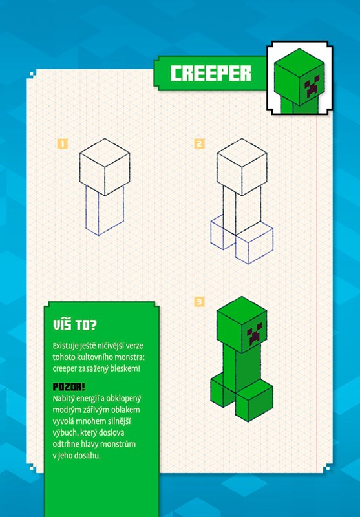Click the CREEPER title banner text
pos(211,73)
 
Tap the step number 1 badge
pos(62,143)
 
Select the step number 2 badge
pos(200,143)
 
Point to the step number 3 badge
pos(200,302)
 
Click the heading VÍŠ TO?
pos(75,325)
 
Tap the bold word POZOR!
pos(69,386)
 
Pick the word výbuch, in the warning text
pos(65,433)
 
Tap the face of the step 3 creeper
pos(255,333)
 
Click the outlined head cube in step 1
pos(105,167)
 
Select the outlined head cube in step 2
pos(242,167)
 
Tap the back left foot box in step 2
pos(218,232)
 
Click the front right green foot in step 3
pos(254,400)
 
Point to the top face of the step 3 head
pos(242,311)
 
